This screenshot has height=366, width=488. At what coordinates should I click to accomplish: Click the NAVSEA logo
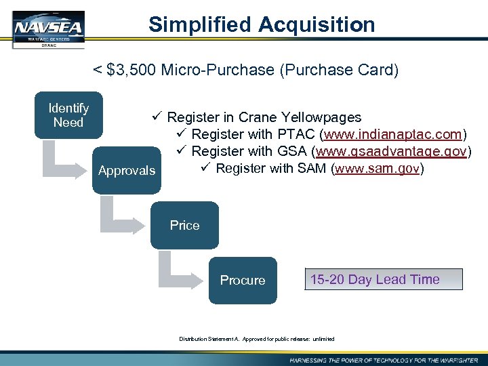(48, 29)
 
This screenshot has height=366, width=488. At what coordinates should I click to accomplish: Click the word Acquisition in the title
(317, 25)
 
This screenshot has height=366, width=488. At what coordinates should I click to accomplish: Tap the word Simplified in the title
(201, 25)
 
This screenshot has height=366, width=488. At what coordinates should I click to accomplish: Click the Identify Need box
(68, 115)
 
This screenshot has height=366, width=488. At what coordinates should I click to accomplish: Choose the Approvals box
(127, 171)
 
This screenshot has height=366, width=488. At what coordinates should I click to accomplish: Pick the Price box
(185, 226)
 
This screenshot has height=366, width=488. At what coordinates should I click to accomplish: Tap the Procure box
(243, 280)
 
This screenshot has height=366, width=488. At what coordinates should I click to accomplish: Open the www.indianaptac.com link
(393, 134)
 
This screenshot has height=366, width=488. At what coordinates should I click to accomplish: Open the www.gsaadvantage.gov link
(392, 151)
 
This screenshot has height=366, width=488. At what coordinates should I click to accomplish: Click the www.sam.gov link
(378, 168)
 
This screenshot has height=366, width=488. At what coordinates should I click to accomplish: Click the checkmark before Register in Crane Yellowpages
(157, 117)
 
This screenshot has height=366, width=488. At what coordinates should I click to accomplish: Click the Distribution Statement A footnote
(257, 339)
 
